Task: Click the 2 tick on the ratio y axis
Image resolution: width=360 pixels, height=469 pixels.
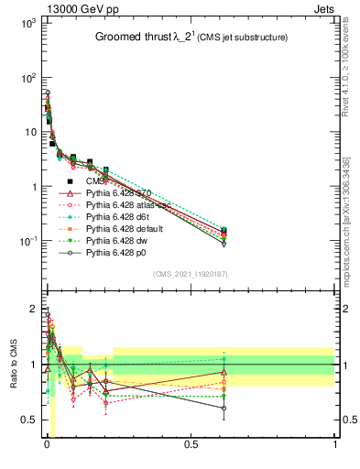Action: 31,309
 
